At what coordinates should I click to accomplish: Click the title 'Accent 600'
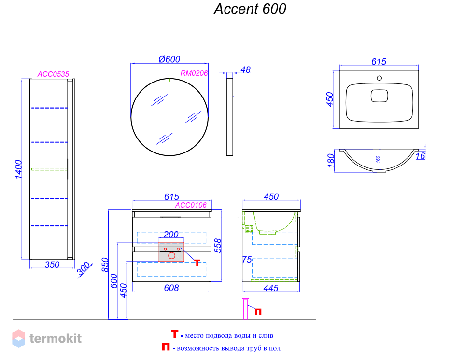(250, 9)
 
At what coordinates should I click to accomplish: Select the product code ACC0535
(53, 74)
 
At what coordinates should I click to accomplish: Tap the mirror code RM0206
(194, 73)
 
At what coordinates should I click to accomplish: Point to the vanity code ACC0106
(191, 205)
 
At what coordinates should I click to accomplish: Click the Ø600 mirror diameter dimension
(169, 59)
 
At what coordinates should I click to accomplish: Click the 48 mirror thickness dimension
(246, 70)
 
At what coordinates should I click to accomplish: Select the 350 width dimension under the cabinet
(52, 264)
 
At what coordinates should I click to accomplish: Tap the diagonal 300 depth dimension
(84, 269)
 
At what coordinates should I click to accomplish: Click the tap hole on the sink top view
(379, 78)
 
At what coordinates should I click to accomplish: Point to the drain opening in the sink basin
(380, 96)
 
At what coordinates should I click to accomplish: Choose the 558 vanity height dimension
(218, 246)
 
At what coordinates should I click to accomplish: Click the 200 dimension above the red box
(171, 235)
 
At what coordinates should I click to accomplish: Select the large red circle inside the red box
(171, 256)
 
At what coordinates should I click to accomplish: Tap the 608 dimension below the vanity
(171, 288)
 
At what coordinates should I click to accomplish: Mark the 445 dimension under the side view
(271, 288)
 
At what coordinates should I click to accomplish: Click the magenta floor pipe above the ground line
(245, 309)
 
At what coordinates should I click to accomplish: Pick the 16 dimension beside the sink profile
(421, 156)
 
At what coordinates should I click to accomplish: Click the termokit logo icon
(19, 338)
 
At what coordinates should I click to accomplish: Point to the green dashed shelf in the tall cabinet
(49, 169)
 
